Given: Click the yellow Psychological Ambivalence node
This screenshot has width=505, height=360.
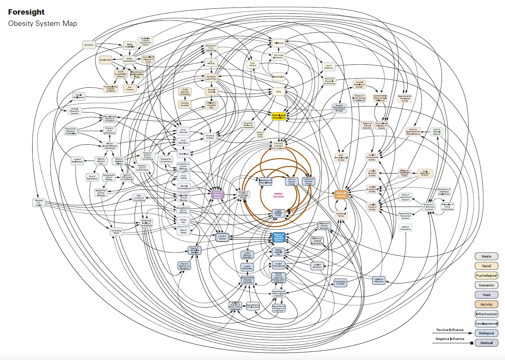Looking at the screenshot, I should click(278, 116).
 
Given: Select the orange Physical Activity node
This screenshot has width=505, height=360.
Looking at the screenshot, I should click(341, 194).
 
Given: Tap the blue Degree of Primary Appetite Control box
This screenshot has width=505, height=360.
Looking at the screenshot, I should click(278, 237).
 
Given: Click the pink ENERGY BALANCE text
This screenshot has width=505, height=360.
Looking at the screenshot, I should click(278, 195).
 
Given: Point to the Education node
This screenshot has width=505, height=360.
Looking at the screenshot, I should click(89, 45).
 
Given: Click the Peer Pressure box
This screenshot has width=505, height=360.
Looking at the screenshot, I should click(130, 89).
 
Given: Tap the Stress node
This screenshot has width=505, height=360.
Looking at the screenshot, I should click(278, 91).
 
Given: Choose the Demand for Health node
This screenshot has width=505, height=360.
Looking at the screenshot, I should click(38, 203).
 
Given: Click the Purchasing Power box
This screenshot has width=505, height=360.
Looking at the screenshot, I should click(117, 232).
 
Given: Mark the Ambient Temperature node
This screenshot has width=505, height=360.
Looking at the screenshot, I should click(405, 228).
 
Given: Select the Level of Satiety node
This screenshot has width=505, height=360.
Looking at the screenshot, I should click(222, 237).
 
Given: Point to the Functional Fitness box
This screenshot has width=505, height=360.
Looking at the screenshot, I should click(341, 214).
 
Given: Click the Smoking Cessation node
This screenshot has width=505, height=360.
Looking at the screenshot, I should click(184, 104).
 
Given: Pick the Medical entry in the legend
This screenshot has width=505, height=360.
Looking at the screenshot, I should click(486, 343).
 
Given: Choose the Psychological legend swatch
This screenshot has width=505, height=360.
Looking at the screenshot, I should click(486, 276).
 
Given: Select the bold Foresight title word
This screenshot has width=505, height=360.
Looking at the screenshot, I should click(26, 13).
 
